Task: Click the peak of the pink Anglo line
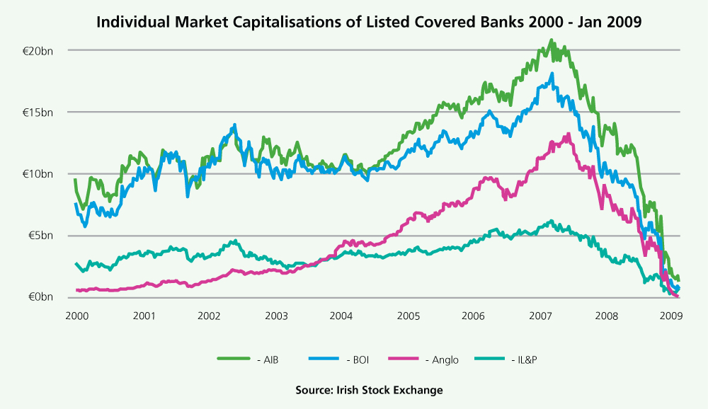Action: pyautogui.click(x=569, y=134)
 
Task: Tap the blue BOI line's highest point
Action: pyautogui.click(x=552, y=73)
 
